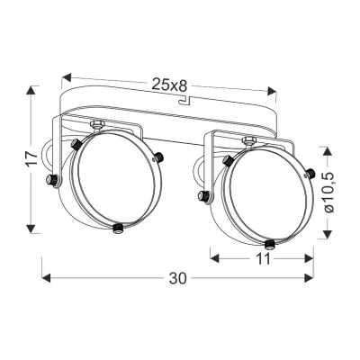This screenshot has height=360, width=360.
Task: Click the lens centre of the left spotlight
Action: [x=112, y=180]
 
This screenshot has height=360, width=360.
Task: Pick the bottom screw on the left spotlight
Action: [x=120, y=227]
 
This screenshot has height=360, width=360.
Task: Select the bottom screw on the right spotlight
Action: [x=270, y=242]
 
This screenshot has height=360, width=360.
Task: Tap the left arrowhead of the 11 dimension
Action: [x=213, y=257]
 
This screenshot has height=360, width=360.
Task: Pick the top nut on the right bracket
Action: [x=247, y=139]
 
